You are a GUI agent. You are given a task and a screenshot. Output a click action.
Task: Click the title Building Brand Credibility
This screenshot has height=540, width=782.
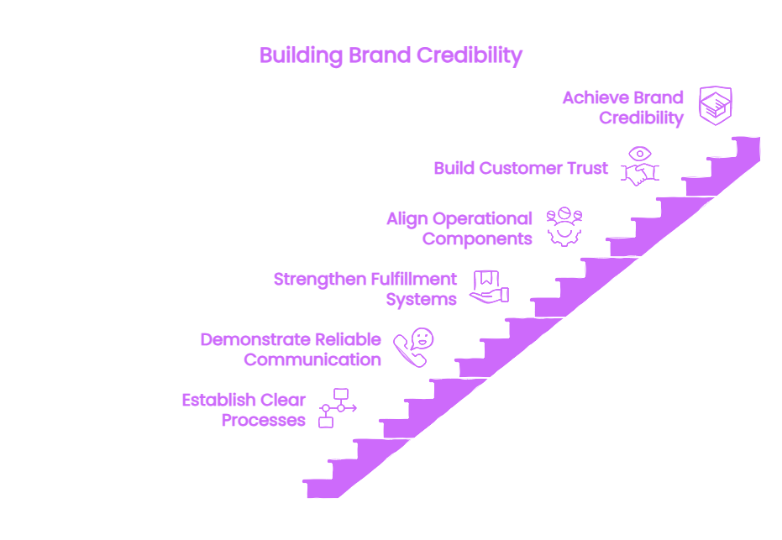coord(391,55)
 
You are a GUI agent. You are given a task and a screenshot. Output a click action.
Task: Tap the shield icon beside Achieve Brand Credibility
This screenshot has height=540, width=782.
coord(715,105)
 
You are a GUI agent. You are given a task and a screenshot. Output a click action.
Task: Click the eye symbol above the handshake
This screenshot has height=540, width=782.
coord(640,154)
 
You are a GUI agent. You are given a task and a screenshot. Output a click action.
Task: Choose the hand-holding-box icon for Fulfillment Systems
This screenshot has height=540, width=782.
coord(489,287)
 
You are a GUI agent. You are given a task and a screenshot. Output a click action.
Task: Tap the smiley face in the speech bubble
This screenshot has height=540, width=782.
coord(422,338)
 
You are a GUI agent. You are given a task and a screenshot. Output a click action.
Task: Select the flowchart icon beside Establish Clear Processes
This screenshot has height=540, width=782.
coord(338,408)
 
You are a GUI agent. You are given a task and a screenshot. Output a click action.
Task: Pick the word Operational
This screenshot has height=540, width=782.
coord(482,219)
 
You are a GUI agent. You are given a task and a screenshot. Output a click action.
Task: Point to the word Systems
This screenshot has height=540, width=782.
coord(422,300)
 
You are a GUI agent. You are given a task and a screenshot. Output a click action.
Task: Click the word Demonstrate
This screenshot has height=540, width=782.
coord(255,339)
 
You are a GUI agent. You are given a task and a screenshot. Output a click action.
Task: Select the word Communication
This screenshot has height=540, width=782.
coord(312,359)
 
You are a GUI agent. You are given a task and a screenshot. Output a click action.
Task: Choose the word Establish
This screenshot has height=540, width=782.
coord(219,400)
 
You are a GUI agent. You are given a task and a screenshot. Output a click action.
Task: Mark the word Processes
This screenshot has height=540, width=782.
coord(264,421)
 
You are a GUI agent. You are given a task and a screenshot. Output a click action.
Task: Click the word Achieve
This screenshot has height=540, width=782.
coord(592,97)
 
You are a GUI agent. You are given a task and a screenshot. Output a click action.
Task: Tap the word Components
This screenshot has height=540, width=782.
coord(477,239)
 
